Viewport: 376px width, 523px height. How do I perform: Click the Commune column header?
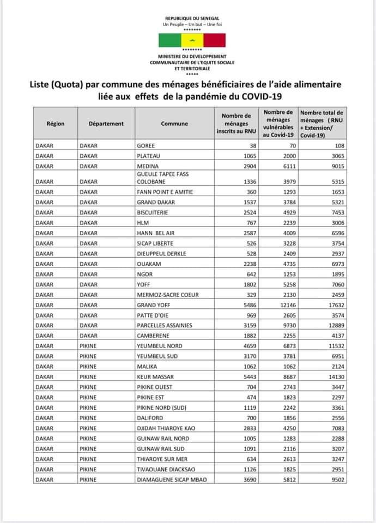174,124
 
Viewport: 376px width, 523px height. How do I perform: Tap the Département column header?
106,124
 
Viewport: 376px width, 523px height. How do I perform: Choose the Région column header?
56,124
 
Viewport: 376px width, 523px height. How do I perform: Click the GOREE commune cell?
145,146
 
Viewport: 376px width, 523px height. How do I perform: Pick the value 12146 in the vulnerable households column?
284,305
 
